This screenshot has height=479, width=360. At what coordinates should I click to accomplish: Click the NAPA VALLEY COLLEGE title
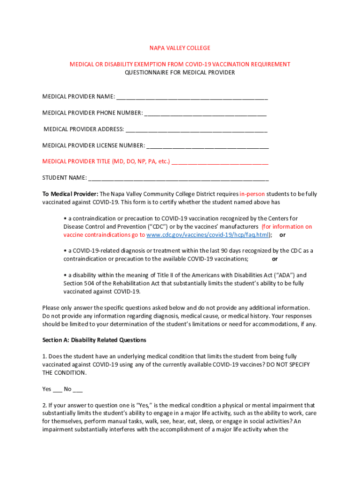point(180,48)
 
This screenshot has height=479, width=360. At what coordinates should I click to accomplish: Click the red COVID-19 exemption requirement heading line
point(180,64)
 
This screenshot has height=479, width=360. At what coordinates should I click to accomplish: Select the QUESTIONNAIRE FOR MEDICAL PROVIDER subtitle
point(180,73)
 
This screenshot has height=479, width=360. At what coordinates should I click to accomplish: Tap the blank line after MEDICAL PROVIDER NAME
point(192,97)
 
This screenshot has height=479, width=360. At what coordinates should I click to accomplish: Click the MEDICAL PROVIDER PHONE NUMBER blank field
point(205,114)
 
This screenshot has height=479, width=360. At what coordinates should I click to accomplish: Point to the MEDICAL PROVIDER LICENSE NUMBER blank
point(208,146)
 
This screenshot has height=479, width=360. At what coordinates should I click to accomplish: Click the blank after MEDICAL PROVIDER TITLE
point(220,162)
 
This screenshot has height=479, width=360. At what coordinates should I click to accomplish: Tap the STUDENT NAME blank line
point(178,178)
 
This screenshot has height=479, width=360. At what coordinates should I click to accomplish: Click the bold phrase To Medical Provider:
point(70,194)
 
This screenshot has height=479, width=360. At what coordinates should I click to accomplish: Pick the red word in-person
point(252,194)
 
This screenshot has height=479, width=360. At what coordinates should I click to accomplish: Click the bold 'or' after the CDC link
point(282,235)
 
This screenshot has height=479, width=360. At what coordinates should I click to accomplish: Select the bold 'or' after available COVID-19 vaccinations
point(275,259)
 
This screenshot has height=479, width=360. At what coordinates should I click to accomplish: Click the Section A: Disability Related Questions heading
point(94,340)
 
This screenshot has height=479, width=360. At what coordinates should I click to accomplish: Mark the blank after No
point(78,389)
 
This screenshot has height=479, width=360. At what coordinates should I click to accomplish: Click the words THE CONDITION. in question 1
point(64,373)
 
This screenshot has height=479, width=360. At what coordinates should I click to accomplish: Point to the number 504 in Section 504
point(90,283)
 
